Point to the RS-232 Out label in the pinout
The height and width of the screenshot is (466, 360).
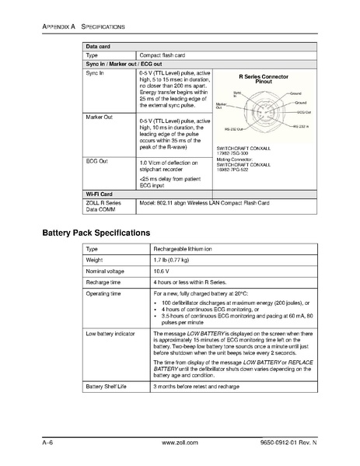pyautogui.click(x=233, y=129)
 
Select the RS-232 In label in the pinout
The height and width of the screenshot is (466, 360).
pyautogui.click(x=300, y=125)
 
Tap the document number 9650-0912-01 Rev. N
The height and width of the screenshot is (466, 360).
pyautogui.click(x=300, y=441)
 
